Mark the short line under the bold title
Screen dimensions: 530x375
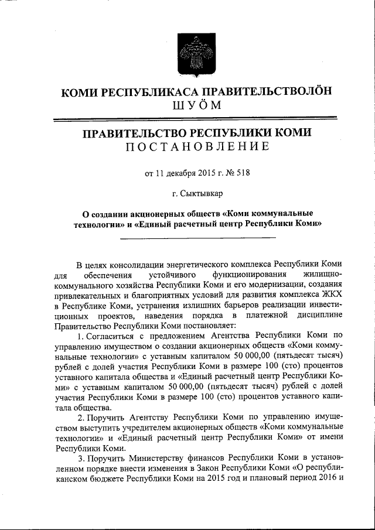click(x=197, y=237)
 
